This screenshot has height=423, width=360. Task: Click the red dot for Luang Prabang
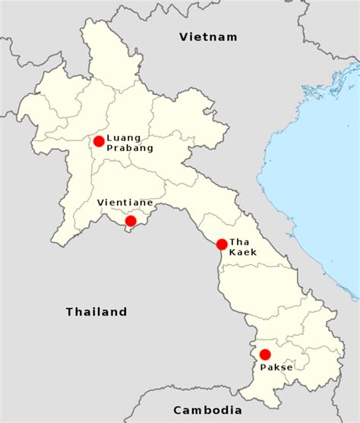(x=99, y=141)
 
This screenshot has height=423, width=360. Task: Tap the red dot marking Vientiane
(x=131, y=221)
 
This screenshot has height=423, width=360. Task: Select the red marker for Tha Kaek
(x=221, y=245)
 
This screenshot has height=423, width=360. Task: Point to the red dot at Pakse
(x=265, y=355)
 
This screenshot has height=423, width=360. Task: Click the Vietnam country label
(x=208, y=36)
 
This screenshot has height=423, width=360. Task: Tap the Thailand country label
(x=96, y=311)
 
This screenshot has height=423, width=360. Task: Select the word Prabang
(x=130, y=148)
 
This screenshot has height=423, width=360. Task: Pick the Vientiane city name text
(x=125, y=203)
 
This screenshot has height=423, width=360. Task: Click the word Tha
(x=238, y=241)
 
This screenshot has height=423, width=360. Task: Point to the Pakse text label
(x=276, y=367)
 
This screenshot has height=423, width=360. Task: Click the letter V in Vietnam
(x=183, y=36)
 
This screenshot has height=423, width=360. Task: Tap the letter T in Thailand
(x=69, y=311)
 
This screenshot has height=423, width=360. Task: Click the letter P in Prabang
(x=110, y=148)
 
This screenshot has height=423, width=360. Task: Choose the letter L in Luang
(x=109, y=137)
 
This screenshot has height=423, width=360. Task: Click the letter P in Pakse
(x=264, y=367)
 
